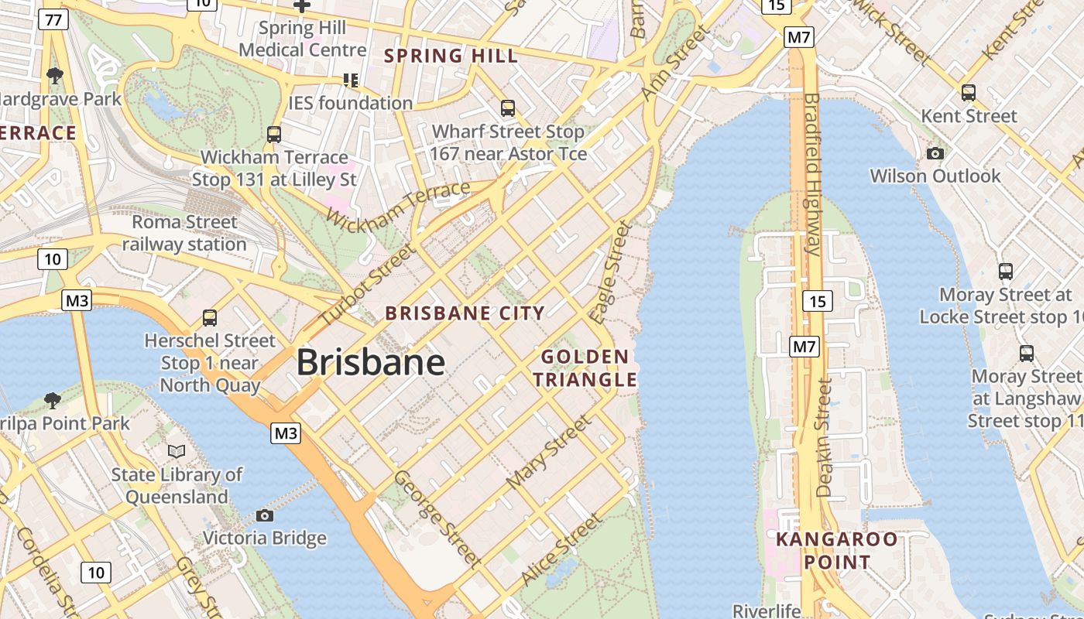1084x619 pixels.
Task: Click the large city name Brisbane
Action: (x=370, y=362)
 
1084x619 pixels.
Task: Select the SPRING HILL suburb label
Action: (x=451, y=56)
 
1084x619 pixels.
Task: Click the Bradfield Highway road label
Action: (x=811, y=174)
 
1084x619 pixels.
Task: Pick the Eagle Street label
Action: (x=610, y=272)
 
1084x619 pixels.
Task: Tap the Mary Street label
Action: (x=548, y=453)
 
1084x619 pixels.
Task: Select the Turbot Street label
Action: (x=367, y=286)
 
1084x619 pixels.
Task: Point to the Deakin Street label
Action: (x=824, y=437)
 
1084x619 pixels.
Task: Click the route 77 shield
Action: (x=53, y=19)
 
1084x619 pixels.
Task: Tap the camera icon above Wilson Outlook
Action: (x=935, y=153)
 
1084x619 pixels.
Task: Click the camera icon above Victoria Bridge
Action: (x=265, y=515)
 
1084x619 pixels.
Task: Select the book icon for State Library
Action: (x=177, y=451)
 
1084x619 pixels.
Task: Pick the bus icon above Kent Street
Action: (x=969, y=93)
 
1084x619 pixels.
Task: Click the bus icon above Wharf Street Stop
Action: (x=508, y=108)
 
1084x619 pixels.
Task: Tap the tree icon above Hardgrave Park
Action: (x=54, y=76)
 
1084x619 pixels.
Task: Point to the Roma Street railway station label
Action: (x=184, y=233)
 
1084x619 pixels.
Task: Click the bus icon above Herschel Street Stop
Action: (x=210, y=317)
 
